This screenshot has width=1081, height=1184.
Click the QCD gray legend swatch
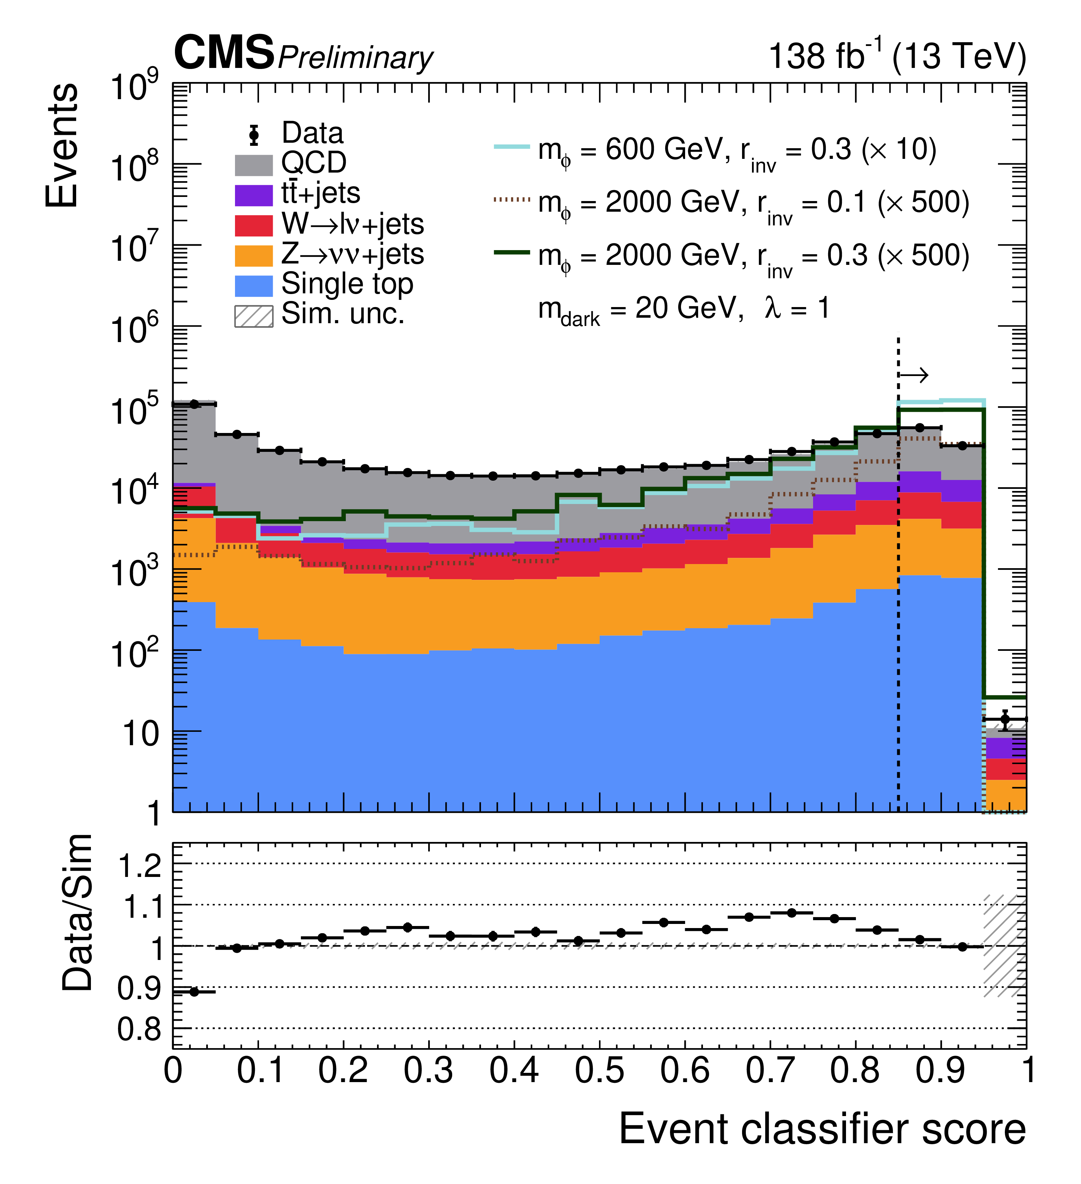[x=254, y=165]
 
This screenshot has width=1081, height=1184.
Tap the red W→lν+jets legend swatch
[x=254, y=225]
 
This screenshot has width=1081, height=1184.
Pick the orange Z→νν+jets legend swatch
[x=254, y=256]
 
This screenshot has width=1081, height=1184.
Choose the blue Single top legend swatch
[x=254, y=286]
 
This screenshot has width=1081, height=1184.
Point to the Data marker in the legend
[x=254, y=135]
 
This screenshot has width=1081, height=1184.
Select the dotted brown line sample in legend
[x=512, y=200]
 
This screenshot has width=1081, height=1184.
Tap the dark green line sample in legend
[x=512, y=253]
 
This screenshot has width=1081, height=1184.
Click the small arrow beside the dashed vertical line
[x=914, y=375]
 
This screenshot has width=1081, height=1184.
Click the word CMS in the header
[x=224, y=53]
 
